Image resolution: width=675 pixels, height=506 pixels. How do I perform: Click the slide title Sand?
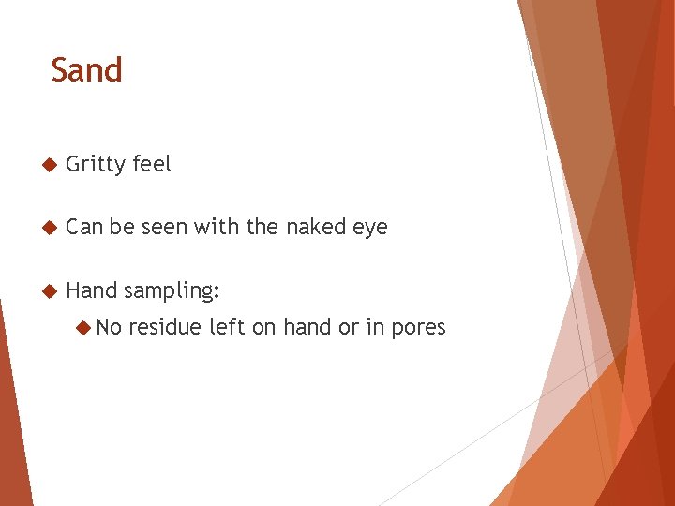click(86, 70)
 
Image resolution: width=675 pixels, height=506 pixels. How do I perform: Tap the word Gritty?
click(96, 165)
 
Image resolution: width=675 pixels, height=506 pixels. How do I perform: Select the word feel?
click(152, 164)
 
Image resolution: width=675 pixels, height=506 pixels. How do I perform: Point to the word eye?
click(371, 229)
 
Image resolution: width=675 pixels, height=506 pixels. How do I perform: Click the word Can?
click(84, 227)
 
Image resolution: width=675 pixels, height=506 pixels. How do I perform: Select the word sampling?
click(172, 291)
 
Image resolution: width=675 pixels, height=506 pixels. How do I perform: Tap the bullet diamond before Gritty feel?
click(50, 165)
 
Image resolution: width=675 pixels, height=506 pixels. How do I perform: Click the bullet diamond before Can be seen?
click(50, 228)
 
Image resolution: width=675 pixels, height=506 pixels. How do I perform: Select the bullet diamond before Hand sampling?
click(50, 290)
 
